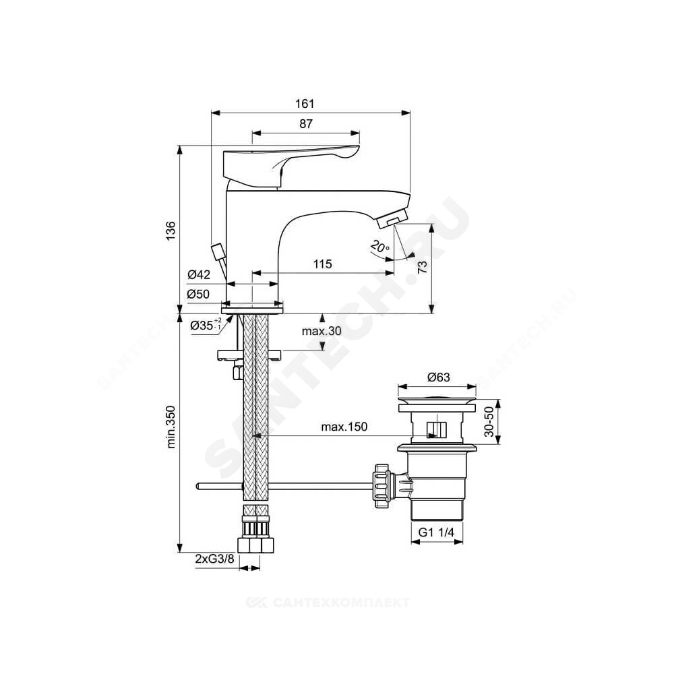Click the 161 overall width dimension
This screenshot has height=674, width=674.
[305, 104]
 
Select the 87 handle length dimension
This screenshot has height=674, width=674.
[305, 124]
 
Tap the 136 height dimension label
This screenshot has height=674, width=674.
[171, 231]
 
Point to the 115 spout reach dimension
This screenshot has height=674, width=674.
[322, 264]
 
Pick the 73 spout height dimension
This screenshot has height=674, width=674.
[423, 267]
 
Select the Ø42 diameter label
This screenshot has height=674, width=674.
[199, 274]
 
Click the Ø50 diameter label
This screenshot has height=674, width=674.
[199, 294]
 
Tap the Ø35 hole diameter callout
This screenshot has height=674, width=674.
[206, 325]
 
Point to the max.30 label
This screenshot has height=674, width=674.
[321, 330]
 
